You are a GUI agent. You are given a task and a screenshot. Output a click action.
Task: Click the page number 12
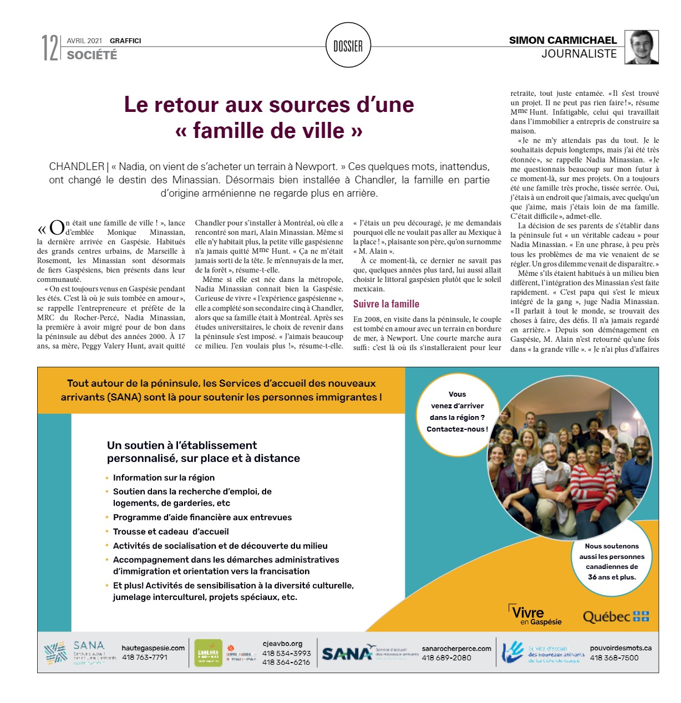coord(49,48)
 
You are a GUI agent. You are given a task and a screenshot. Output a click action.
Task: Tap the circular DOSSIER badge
coord(348,46)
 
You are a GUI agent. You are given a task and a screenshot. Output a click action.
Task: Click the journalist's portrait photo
coord(642,47)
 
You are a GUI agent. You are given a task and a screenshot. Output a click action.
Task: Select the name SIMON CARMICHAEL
coord(562,40)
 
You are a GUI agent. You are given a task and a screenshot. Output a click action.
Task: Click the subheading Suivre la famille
coord(386,304)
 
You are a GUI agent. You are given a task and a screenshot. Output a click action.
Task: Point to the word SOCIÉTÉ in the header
coord(92,55)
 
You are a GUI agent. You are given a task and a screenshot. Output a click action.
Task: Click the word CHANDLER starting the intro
coord(76,166)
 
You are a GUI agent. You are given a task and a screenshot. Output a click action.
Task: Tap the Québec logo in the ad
coord(616,617)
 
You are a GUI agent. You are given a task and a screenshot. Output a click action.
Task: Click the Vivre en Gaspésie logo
coord(535,615)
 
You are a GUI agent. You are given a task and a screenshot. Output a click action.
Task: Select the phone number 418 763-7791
coord(145,658)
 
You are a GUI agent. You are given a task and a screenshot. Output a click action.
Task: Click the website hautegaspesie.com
coord(153,648)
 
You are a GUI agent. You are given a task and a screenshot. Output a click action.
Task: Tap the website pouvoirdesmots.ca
coord(621,648)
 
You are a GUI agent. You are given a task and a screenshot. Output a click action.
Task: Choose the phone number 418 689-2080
coord(446,658)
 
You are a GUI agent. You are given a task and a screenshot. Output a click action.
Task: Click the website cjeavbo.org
coord(282,643)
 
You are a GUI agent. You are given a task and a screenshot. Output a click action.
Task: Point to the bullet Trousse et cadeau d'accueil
coord(171,531)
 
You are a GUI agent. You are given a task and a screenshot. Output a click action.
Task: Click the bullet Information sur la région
coord(164,478)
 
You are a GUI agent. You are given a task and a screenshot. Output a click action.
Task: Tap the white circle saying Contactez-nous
coord(457,412)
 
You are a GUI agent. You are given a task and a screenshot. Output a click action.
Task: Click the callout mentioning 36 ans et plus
coord(612,561)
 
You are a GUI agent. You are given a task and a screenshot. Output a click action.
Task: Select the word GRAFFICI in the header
coord(125,40)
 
